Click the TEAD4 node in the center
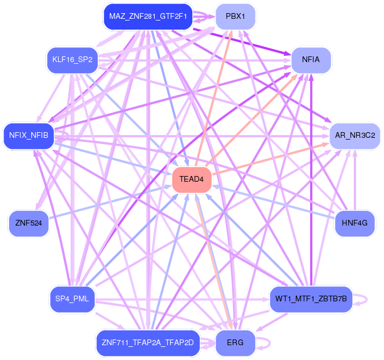[192, 179]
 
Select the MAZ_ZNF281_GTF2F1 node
[147, 17]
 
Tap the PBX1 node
[236, 17]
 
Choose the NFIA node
[311, 59]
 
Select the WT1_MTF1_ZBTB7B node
[311, 298]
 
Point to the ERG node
[235, 343]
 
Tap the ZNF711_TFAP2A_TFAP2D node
[147, 343]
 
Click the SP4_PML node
[72, 298]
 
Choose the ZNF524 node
[28, 223]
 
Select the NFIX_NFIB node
[28, 136]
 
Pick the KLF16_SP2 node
[72, 59]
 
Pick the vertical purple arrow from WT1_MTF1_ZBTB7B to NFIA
[311, 182]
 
